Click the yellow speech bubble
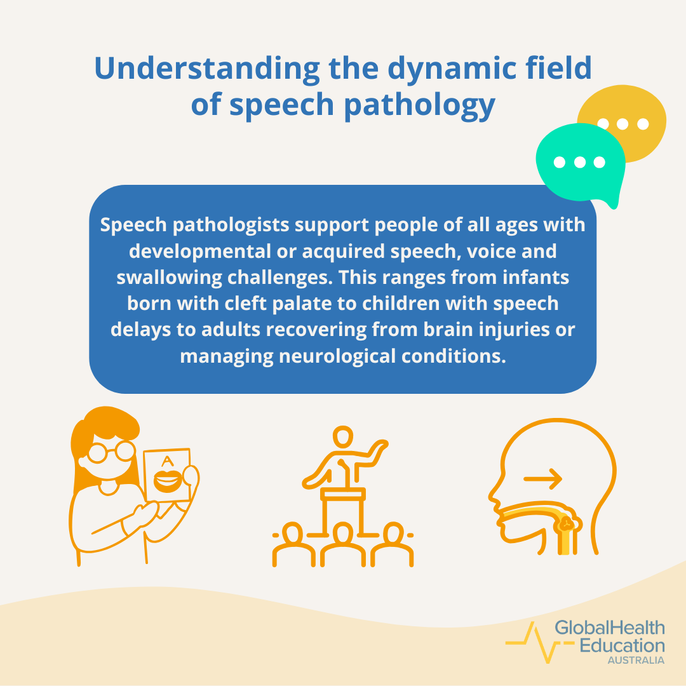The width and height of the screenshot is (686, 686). tap(635, 121)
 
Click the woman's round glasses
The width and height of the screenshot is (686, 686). tap(112, 452)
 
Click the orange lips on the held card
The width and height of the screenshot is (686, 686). tap(167, 481)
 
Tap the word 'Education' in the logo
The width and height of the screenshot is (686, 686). tap(622, 645)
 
